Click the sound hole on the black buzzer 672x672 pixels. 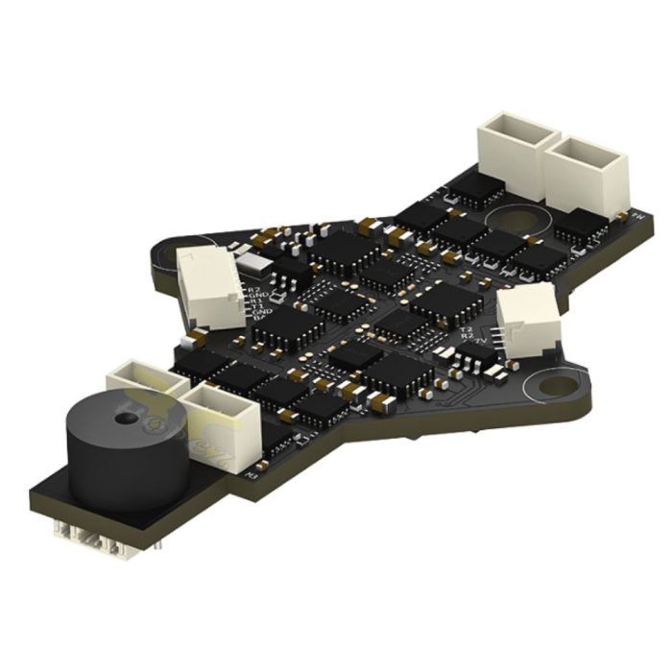[124, 419]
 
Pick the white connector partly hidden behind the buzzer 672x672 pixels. [144, 382]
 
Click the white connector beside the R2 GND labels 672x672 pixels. [210, 285]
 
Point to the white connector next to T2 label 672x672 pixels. [527, 323]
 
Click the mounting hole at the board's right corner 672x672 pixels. [555, 386]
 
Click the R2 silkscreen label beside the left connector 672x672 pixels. [254, 289]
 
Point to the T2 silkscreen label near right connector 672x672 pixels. [468, 330]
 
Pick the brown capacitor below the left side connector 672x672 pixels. [197, 337]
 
